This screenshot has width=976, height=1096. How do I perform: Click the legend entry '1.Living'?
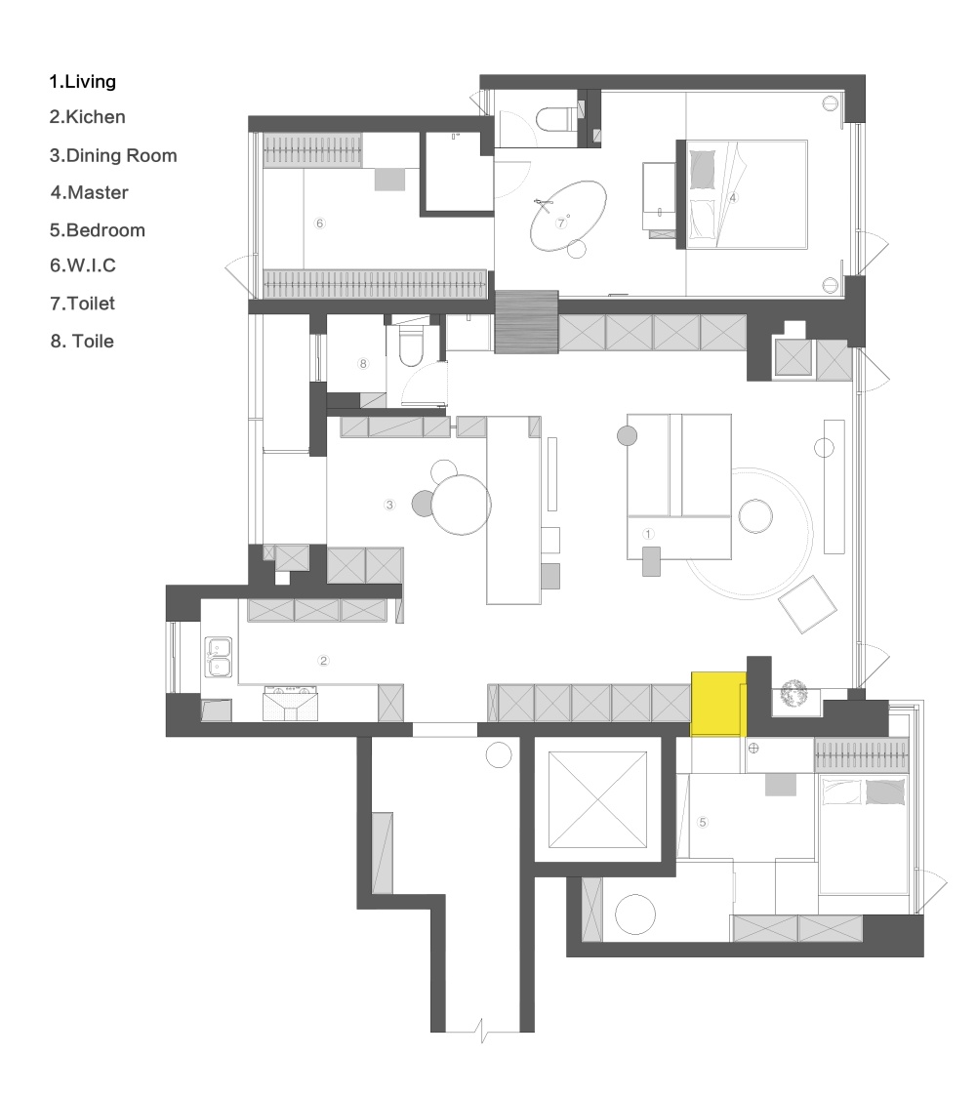(83, 81)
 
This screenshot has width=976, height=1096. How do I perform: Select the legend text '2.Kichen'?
(88, 117)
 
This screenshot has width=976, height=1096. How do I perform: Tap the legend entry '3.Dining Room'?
(113, 155)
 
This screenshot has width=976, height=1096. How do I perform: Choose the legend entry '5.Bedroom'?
(97, 230)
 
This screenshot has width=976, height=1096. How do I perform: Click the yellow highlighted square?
(718, 703)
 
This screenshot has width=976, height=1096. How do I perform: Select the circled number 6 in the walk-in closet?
(319, 223)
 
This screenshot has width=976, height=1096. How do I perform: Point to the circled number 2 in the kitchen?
(324, 661)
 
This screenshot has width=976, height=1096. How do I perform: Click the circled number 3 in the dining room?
(389, 505)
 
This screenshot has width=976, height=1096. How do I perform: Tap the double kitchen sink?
(218, 658)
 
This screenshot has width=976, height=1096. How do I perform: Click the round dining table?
(462, 505)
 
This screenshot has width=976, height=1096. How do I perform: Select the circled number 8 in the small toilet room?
(363, 364)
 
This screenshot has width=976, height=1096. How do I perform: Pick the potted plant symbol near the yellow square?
(793, 695)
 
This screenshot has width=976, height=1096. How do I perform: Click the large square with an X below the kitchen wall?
(597, 800)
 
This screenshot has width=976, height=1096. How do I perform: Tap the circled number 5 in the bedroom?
(702, 822)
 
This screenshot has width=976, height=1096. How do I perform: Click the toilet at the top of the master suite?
(553, 119)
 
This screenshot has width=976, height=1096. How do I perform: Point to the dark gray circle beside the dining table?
(424, 504)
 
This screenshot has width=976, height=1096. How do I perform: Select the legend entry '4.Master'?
(89, 193)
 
